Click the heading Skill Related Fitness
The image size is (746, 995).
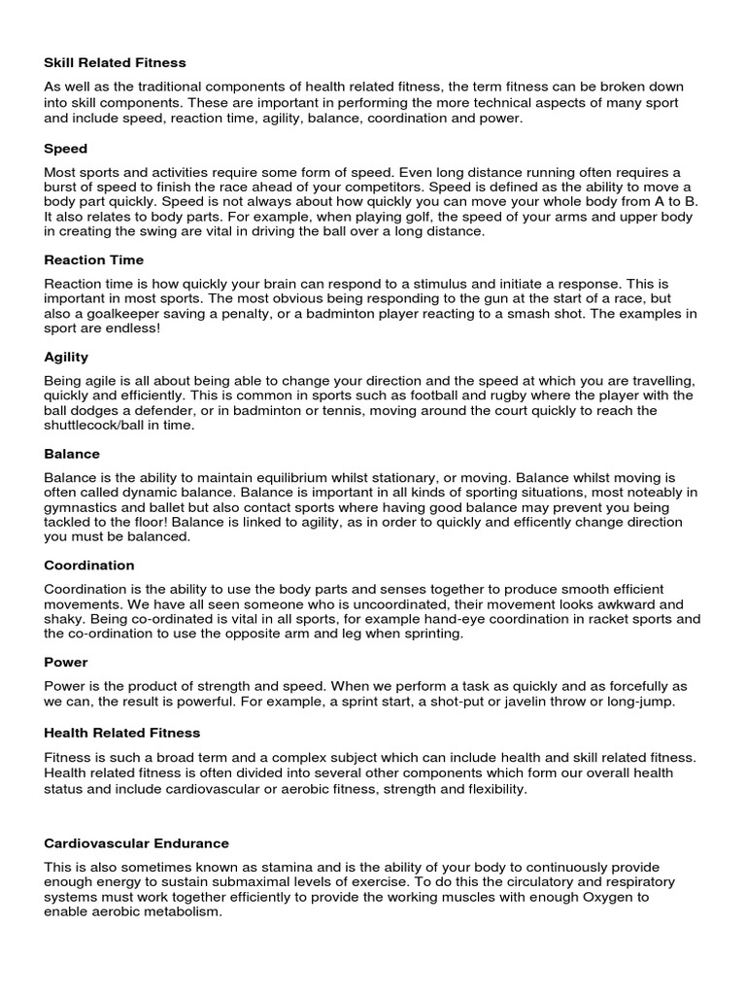tap(115, 62)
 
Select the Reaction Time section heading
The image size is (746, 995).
tap(93, 259)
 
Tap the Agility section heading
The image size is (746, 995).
tap(66, 357)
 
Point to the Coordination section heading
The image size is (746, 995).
tap(89, 565)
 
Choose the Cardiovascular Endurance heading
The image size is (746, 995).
tap(136, 842)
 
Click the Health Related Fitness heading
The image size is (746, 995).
tap(121, 732)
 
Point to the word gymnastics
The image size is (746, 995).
tap(85, 507)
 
